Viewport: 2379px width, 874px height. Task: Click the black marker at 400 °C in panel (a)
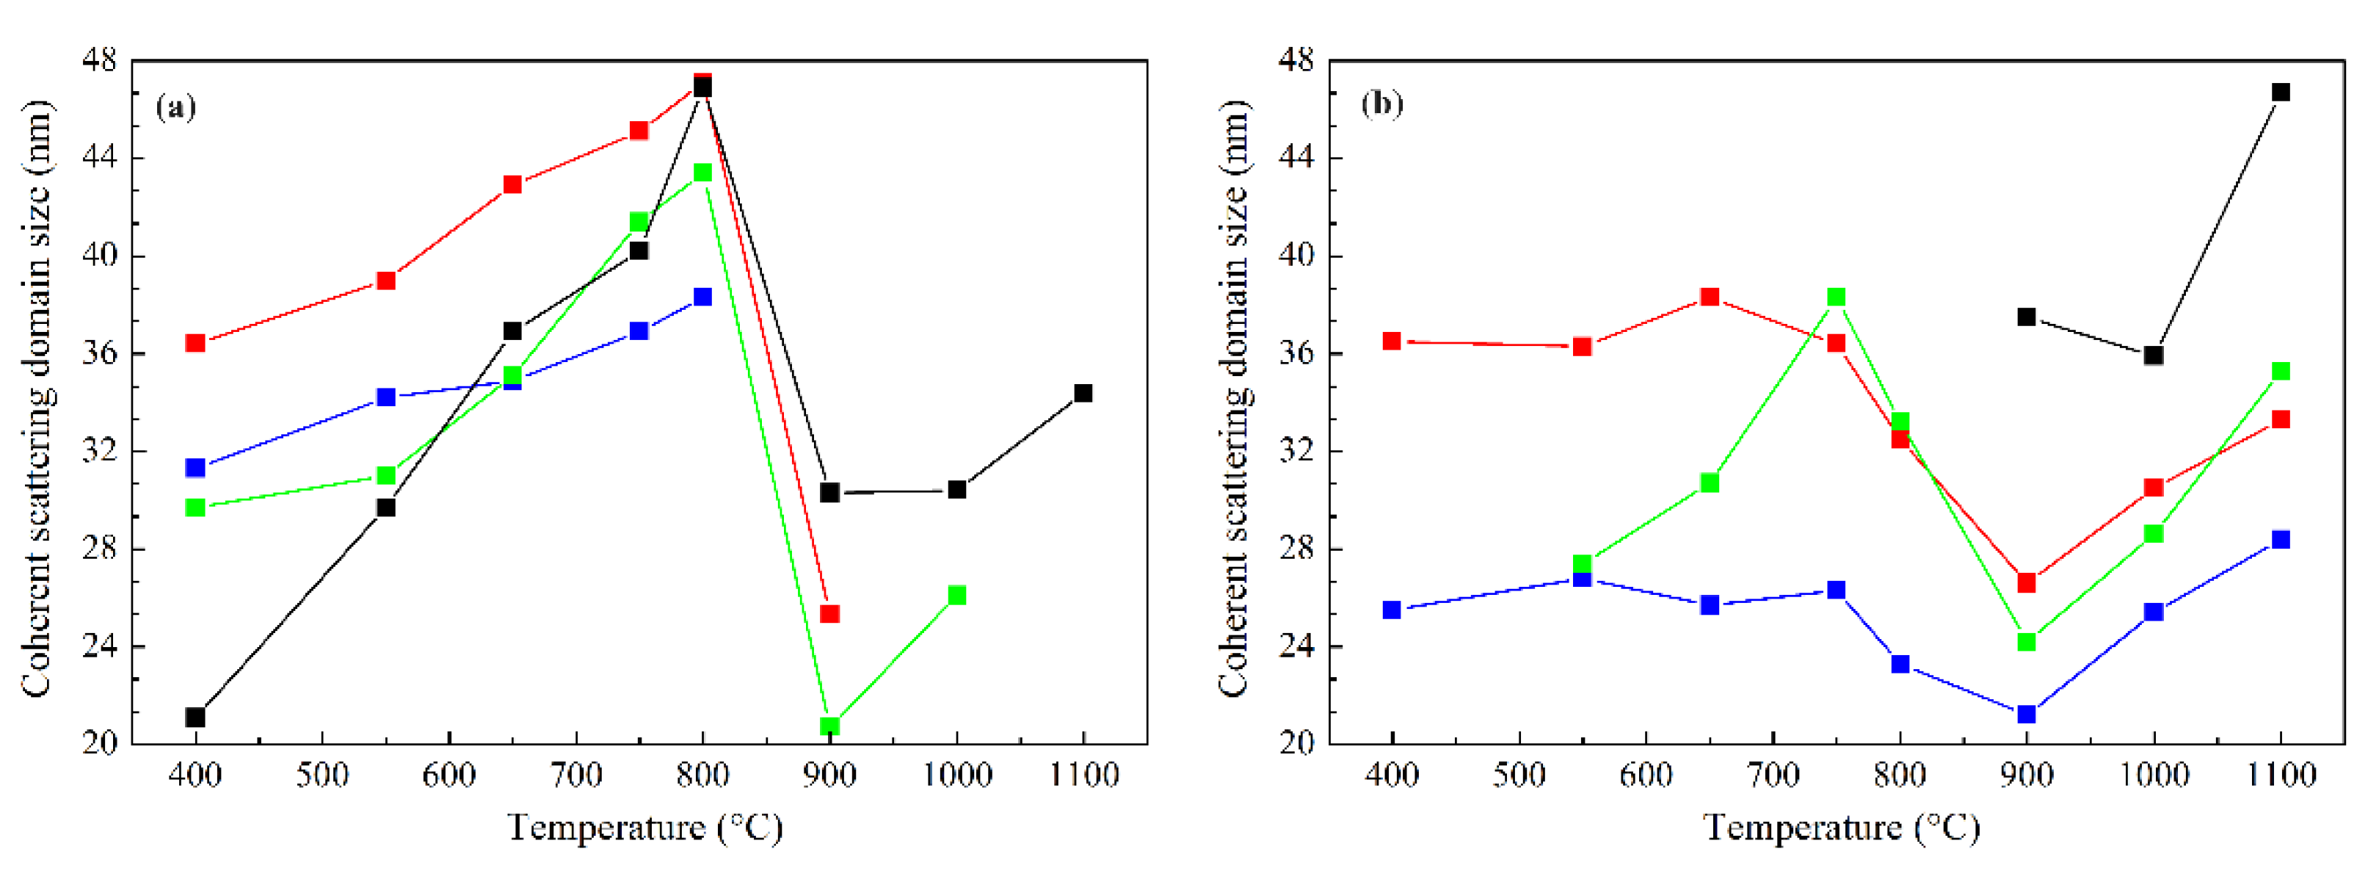pos(195,717)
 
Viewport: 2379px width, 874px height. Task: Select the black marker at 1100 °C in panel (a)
pos(1083,394)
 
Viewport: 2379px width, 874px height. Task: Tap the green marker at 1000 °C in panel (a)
pos(956,595)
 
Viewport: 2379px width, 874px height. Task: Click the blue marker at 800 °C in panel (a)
pos(702,297)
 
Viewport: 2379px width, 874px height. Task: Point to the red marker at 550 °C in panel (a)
pos(386,281)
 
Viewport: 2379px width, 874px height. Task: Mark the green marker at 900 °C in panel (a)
pos(829,726)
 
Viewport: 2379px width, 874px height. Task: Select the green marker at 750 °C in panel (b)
pos(1836,297)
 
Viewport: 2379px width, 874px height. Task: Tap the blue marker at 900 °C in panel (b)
pos(2026,714)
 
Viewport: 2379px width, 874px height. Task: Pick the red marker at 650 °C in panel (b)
pos(1710,297)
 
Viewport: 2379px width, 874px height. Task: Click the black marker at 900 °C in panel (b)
pos(2026,317)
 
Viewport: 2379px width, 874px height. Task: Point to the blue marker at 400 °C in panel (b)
pos(1392,610)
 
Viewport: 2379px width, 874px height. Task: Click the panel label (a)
pos(175,107)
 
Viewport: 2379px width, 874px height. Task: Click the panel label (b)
pos(1381,103)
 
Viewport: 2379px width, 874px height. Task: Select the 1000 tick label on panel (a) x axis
pos(956,774)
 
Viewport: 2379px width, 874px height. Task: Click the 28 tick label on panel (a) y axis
pos(99,549)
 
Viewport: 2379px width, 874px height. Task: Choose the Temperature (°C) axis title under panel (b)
pos(1840,827)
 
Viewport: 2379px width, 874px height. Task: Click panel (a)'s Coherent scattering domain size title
pos(37,397)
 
